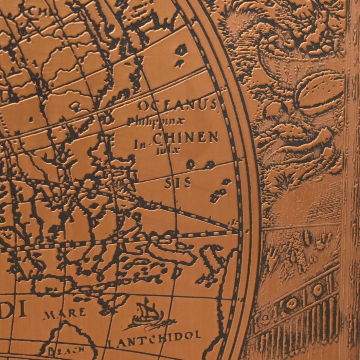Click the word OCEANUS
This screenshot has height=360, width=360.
[x=177, y=106]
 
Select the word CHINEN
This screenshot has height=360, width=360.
[x=186, y=138]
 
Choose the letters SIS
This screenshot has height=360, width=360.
[x=178, y=184]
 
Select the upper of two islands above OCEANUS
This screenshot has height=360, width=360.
[x=181, y=50]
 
